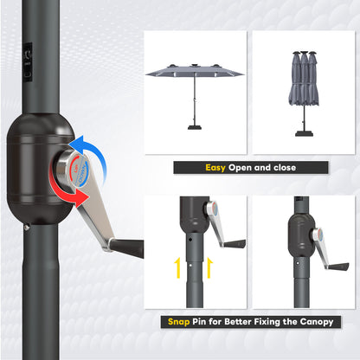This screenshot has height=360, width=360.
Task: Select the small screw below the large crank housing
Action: [x=27, y=228]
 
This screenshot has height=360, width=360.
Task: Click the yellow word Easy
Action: [x=216, y=168]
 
